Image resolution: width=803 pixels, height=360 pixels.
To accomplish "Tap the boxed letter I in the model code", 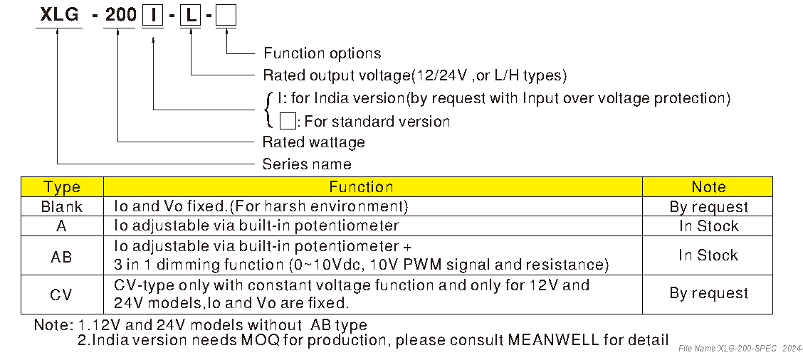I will tap(152, 15).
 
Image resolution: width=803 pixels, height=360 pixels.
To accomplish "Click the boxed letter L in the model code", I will tap(190, 15).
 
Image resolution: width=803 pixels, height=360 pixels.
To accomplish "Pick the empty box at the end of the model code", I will tap(226, 15).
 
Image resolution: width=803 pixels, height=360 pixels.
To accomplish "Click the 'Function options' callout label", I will tap(322, 53).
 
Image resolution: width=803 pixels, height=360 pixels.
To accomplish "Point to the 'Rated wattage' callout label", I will tap(313, 142).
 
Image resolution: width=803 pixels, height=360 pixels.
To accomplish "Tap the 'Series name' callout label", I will tap(307, 164).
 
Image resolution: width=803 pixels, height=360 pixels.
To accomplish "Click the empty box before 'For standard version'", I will tap(288, 120).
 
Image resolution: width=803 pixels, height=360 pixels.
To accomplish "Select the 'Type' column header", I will tap(62, 187).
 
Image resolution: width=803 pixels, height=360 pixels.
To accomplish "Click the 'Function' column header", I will tap(361, 187).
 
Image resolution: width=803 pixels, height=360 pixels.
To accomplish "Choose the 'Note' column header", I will tap(708, 187).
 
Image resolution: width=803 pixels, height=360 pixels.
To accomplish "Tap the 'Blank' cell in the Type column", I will tap(62, 207).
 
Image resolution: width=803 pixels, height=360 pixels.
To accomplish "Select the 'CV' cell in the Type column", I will tap(62, 294).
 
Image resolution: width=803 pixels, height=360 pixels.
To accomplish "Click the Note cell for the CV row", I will tap(708, 293).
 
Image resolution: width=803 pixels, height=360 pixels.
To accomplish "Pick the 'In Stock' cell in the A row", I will tap(708, 226).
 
